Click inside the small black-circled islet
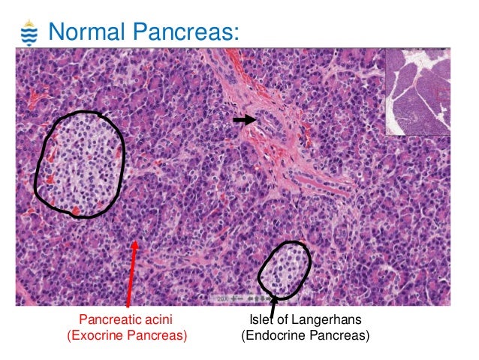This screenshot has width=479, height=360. pyautogui.click(x=283, y=269)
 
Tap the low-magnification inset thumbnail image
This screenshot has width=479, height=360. pyautogui.click(x=418, y=92)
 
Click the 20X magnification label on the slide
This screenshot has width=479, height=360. pyautogui.click(x=222, y=298)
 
